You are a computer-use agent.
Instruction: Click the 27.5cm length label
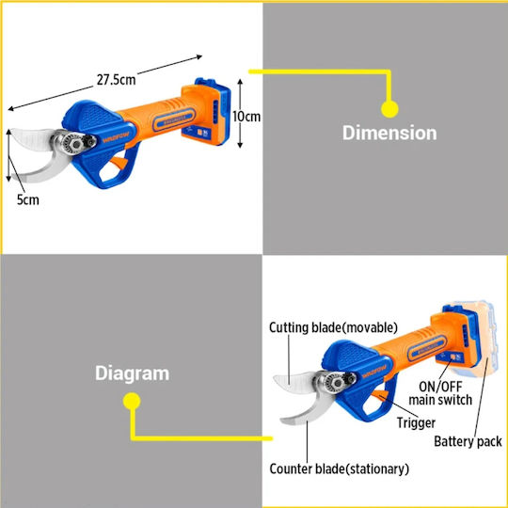pos(117,79)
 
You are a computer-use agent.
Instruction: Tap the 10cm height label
pos(246,117)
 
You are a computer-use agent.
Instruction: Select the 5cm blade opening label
pos(28,199)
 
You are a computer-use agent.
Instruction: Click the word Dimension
pos(389,133)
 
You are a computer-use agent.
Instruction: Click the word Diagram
pos(133,373)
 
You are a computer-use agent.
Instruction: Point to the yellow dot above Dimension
pos(389,109)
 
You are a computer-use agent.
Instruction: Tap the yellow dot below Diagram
pos(132,401)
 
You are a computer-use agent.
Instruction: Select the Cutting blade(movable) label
pos(333,327)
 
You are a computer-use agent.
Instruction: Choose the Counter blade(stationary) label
pos(340,468)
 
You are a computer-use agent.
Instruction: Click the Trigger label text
pos(417,422)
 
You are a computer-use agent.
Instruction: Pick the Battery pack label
pos(468,441)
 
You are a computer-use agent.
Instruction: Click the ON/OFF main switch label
pos(440,393)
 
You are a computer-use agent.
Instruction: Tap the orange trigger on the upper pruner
pos(118,163)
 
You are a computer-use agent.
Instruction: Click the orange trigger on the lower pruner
pos(379,396)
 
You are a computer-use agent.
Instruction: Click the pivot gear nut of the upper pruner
pos(75,144)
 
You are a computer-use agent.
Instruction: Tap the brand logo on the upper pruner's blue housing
pos(116,137)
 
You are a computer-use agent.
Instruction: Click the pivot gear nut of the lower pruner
pos(337,383)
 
